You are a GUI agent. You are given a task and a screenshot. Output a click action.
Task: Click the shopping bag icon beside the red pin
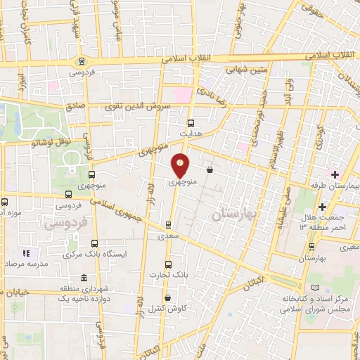click(x=210, y=169)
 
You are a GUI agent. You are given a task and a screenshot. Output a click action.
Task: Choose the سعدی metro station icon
click(x=167, y=226)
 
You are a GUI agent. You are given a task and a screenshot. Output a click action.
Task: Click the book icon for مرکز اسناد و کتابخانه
click(x=314, y=289)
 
